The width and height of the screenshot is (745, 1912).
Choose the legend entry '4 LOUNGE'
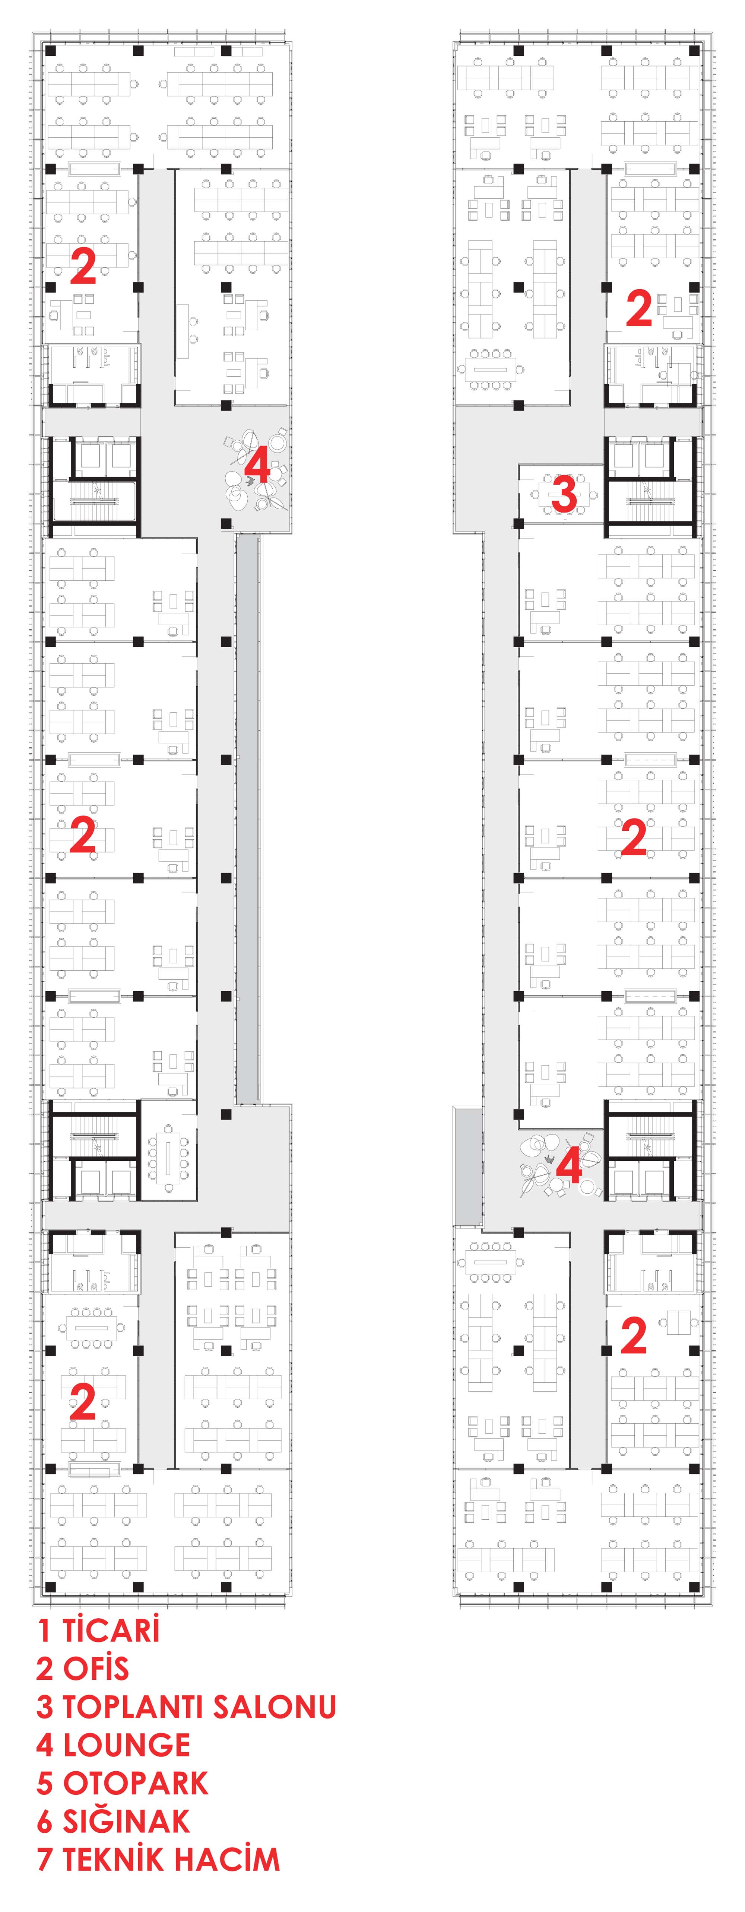[x=113, y=1745]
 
